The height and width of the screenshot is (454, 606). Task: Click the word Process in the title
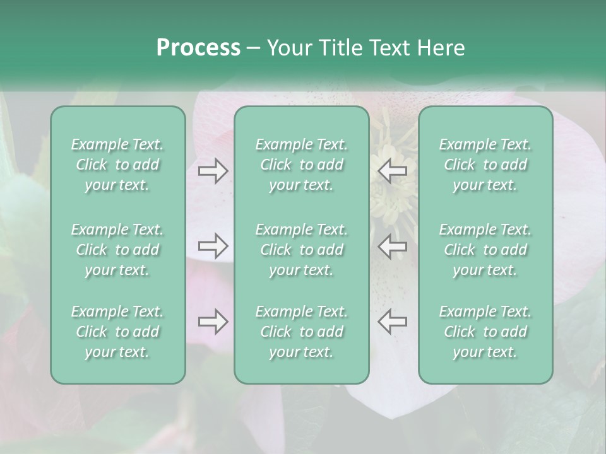(x=198, y=48)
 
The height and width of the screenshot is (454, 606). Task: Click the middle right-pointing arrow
(x=213, y=247)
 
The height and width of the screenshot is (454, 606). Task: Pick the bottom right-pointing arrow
(x=213, y=322)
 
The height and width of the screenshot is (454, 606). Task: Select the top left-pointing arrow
(x=392, y=171)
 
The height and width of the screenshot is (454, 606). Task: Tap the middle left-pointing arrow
(x=392, y=247)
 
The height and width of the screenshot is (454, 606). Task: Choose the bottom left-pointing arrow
(x=392, y=322)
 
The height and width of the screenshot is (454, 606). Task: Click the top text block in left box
(x=117, y=165)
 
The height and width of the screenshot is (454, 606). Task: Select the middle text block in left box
(x=117, y=250)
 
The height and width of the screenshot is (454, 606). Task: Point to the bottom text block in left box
(x=117, y=332)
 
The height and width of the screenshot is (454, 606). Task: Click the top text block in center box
(x=302, y=165)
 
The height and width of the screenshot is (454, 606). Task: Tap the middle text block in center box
(x=302, y=250)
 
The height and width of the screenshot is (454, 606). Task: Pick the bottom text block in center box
(x=302, y=332)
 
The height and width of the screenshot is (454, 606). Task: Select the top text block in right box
(x=485, y=165)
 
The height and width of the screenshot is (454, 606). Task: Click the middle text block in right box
(x=485, y=250)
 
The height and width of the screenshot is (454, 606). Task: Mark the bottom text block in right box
(x=485, y=332)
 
